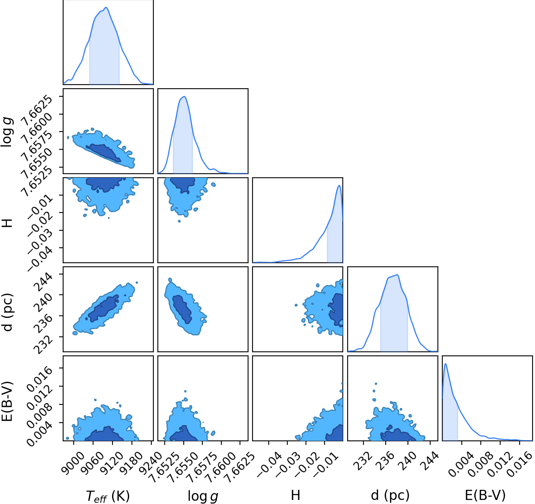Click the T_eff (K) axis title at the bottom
tap(108, 495)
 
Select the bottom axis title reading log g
tap(203, 495)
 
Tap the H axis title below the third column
tap(295, 495)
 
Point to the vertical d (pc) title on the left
tap(8, 312)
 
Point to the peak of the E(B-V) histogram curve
tap(446, 364)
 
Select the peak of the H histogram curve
tap(339, 185)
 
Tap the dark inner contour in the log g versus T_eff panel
tap(104, 152)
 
